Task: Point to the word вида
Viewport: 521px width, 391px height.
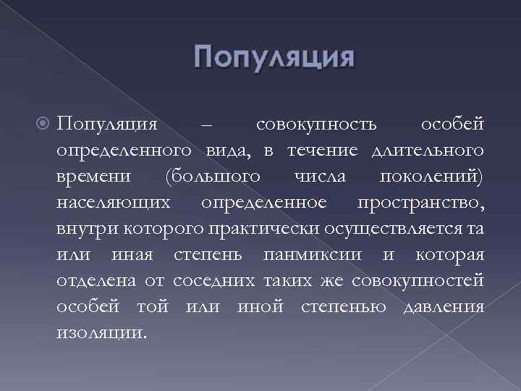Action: (x=233, y=151)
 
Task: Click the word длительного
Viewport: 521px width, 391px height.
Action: (x=426, y=151)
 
